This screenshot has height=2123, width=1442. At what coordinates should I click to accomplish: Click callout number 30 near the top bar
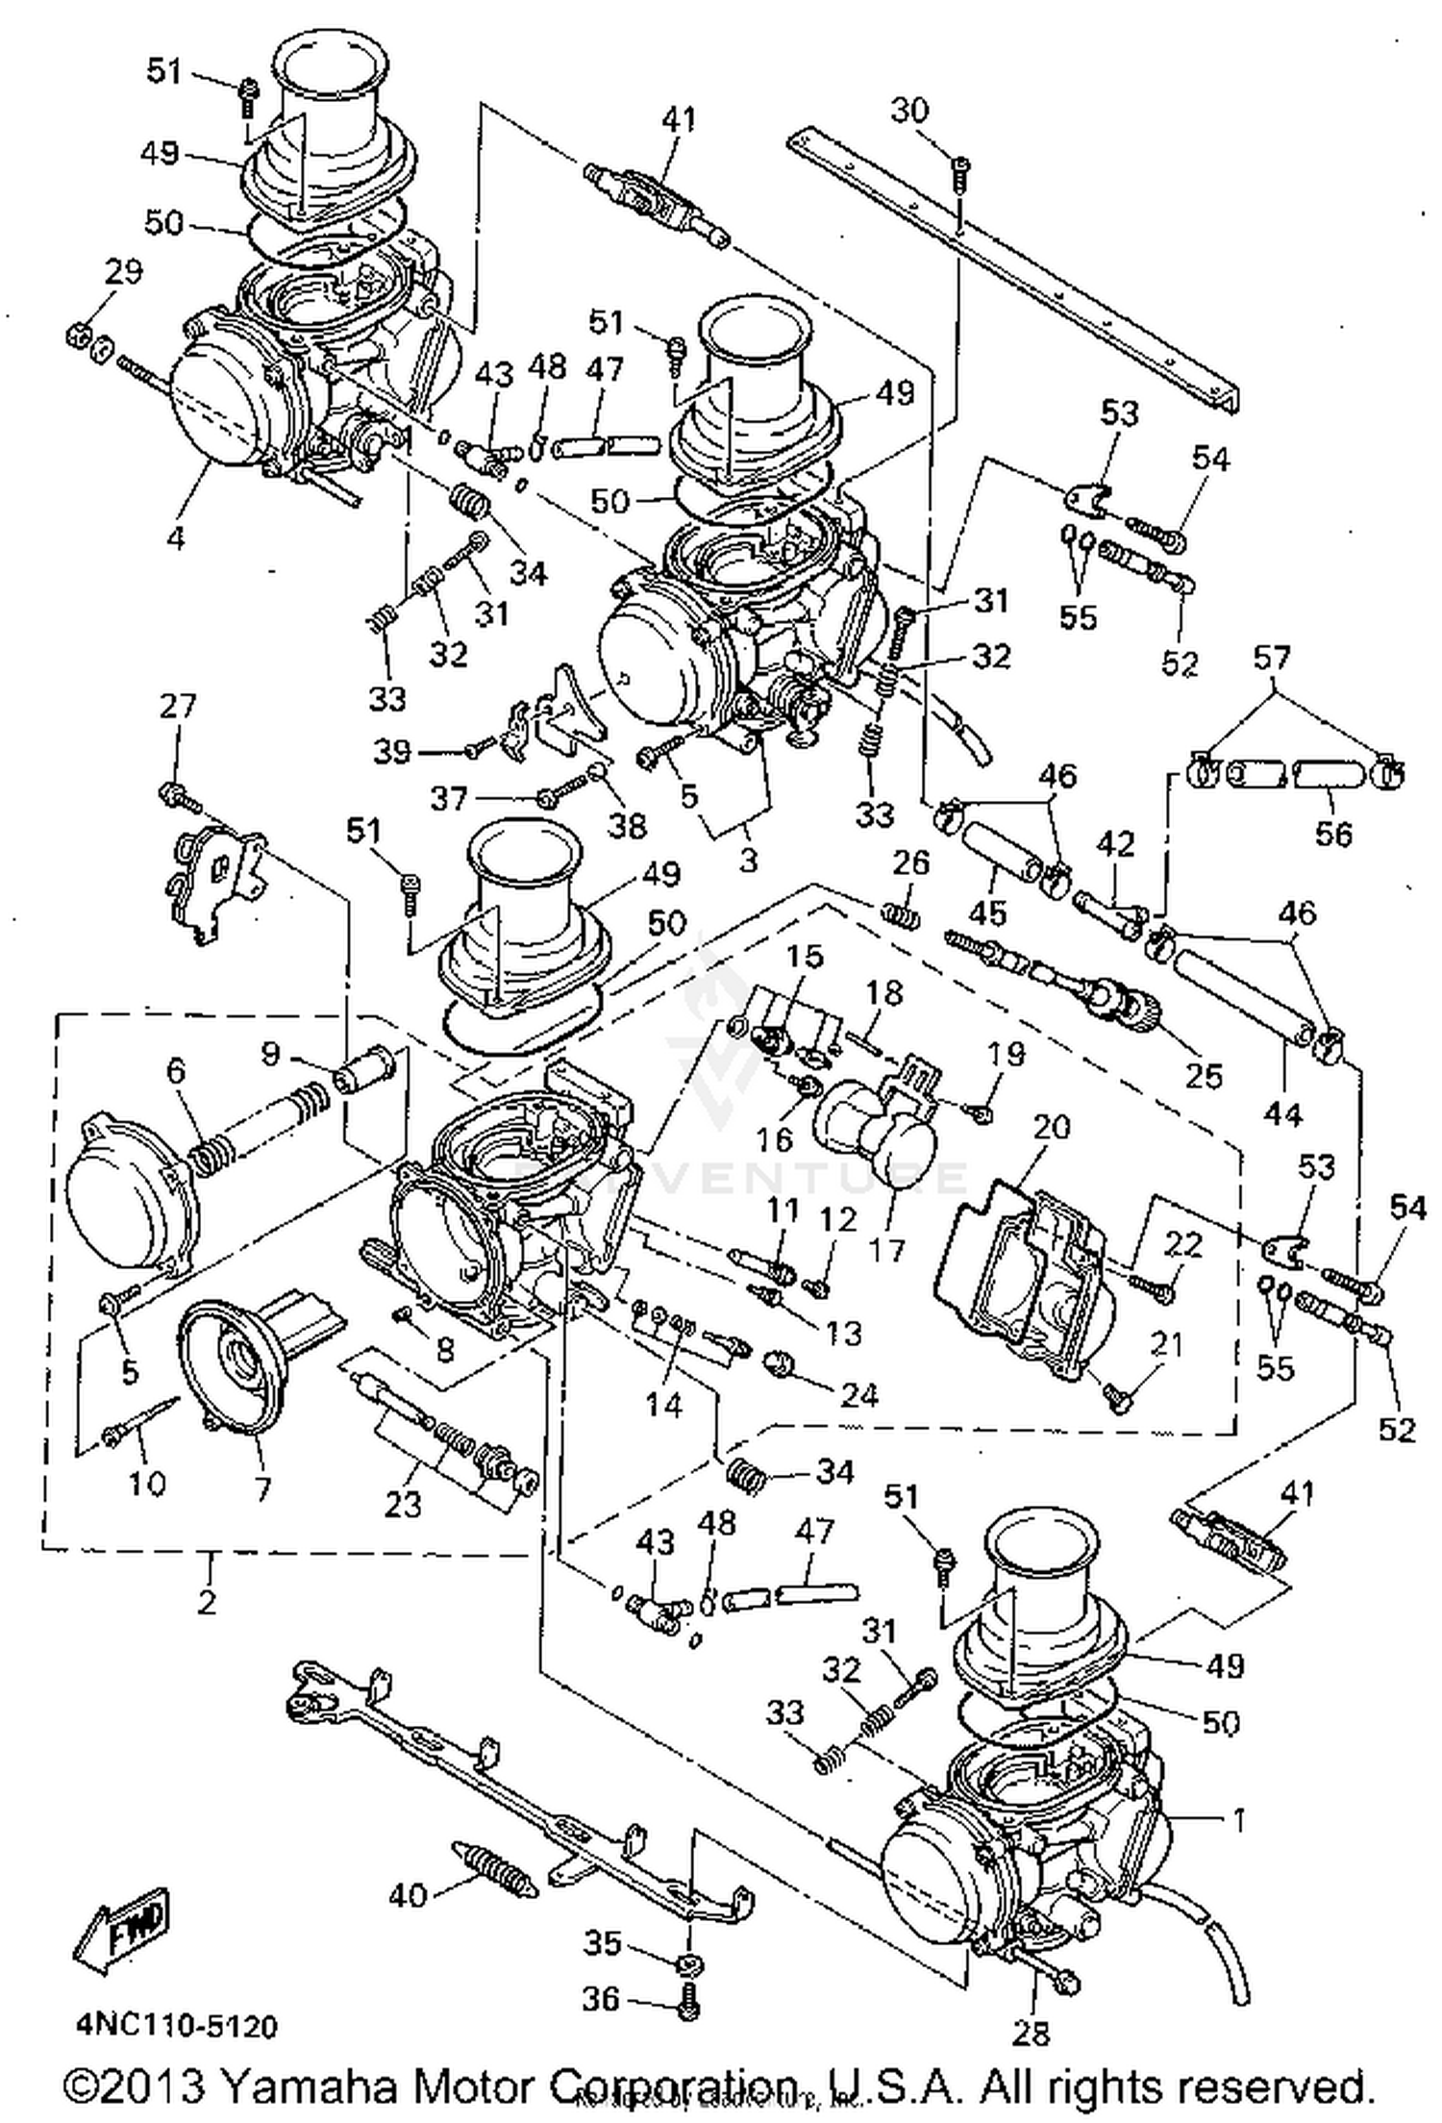coord(909,111)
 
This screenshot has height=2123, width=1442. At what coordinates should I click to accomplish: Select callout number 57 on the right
coord(1273,659)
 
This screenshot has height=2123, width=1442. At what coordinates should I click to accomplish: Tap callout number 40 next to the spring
coord(408,1895)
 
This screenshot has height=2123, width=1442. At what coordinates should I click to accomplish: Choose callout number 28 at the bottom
coord(1030,2032)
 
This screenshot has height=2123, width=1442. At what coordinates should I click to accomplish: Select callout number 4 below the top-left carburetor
coord(175,537)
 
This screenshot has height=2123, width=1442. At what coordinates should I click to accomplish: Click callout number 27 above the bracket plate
coord(177,707)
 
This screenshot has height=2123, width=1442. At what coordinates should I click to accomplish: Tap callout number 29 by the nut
coord(123,272)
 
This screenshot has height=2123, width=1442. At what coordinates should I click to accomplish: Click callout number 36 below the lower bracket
coord(603,2000)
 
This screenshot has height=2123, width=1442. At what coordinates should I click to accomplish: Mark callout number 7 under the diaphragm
coord(261,1489)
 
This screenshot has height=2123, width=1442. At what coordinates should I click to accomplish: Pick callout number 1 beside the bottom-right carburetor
coord(1239,1819)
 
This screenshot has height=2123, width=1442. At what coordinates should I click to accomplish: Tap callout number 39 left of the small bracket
coord(392,751)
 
